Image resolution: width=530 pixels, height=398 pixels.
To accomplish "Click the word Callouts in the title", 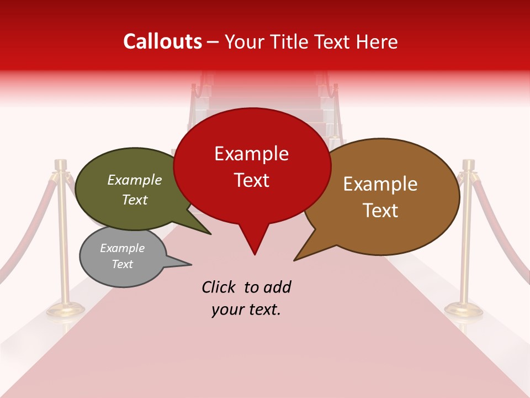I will (x=162, y=41).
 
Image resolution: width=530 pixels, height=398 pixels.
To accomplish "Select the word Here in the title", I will (x=376, y=41).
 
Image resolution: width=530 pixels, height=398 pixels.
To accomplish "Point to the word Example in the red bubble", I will (x=251, y=154).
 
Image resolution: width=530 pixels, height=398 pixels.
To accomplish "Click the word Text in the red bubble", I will (x=252, y=180).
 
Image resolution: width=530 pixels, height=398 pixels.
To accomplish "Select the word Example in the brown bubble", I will (x=380, y=184).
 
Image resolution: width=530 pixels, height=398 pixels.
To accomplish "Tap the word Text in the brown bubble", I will (x=380, y=210).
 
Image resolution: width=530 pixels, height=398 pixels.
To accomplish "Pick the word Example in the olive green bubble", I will (x=135, y=180).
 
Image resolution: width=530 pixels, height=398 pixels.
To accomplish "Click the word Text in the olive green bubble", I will (x=135, y=200).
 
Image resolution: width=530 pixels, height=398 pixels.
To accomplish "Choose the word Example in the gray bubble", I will (x=122, y=248).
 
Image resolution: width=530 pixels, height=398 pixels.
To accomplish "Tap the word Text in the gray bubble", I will (x=122, y=264).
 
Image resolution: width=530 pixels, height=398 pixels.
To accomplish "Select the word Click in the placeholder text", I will (x=220, y=287).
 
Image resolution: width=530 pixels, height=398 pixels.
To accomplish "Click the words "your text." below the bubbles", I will (x=246, y=310).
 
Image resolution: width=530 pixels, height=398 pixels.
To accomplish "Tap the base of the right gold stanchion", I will (x=464, y=310).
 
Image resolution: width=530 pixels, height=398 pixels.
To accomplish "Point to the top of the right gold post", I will (x=469, y=164).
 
